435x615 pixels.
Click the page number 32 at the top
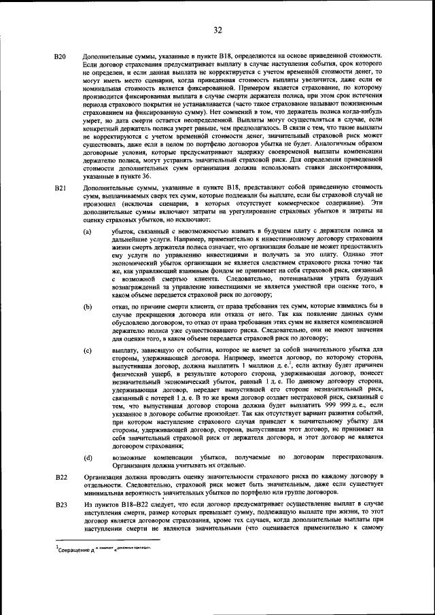coord(217,29)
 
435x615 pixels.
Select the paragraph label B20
coord(60,55)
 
